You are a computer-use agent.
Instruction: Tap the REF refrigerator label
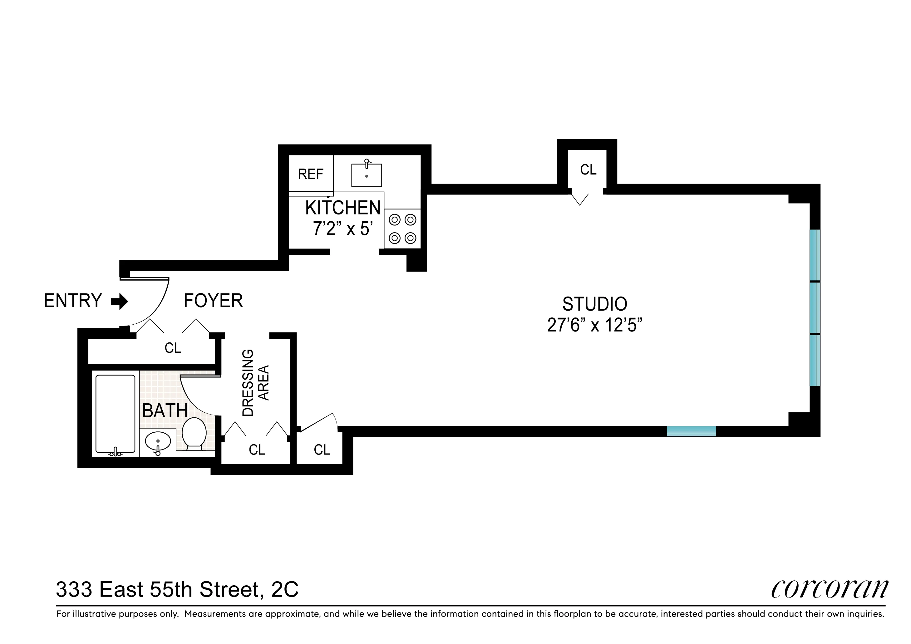pos(310,174)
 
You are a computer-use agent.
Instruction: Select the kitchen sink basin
pos(366,175)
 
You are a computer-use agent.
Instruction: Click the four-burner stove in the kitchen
pos(402,229)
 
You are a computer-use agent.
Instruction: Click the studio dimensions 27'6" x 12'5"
pos(594,325)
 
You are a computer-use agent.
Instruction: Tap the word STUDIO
pos(594,304)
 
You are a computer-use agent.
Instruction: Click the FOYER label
pos(213,301)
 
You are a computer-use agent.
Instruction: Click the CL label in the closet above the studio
pos(588,170)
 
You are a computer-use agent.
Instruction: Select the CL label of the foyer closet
pos(173,348)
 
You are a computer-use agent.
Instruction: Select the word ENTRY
pos(73,301)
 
